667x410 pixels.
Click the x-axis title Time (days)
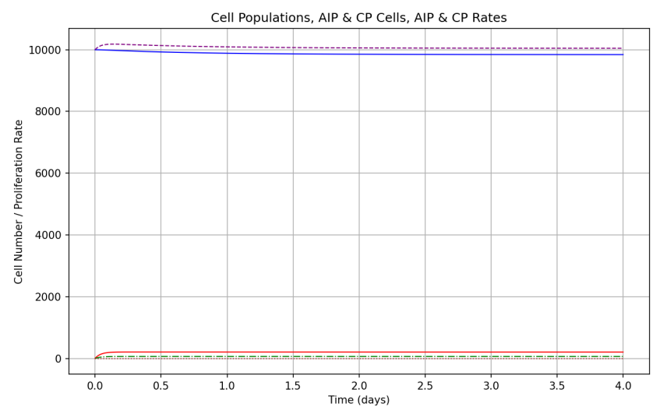[358, 400]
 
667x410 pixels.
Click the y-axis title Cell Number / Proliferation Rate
[19, 201]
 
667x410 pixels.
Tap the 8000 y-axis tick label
[48, 111]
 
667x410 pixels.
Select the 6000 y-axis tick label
[48, 173]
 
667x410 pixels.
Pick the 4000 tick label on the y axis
[48, 235]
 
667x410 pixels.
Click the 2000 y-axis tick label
[48, 296]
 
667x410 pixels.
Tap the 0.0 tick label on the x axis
[95, 385]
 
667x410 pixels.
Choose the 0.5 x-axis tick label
[161, 385]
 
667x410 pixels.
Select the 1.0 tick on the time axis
[227, 385]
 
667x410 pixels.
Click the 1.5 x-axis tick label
[293, 385]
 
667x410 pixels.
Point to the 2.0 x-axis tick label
[359, 385]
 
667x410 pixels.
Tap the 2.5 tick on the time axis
[425, 385]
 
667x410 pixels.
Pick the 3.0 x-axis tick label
[491, 385]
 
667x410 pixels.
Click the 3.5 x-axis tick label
[557, 385]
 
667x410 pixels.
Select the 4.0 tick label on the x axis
[623, 385]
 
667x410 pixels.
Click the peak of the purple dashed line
[112, 44]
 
